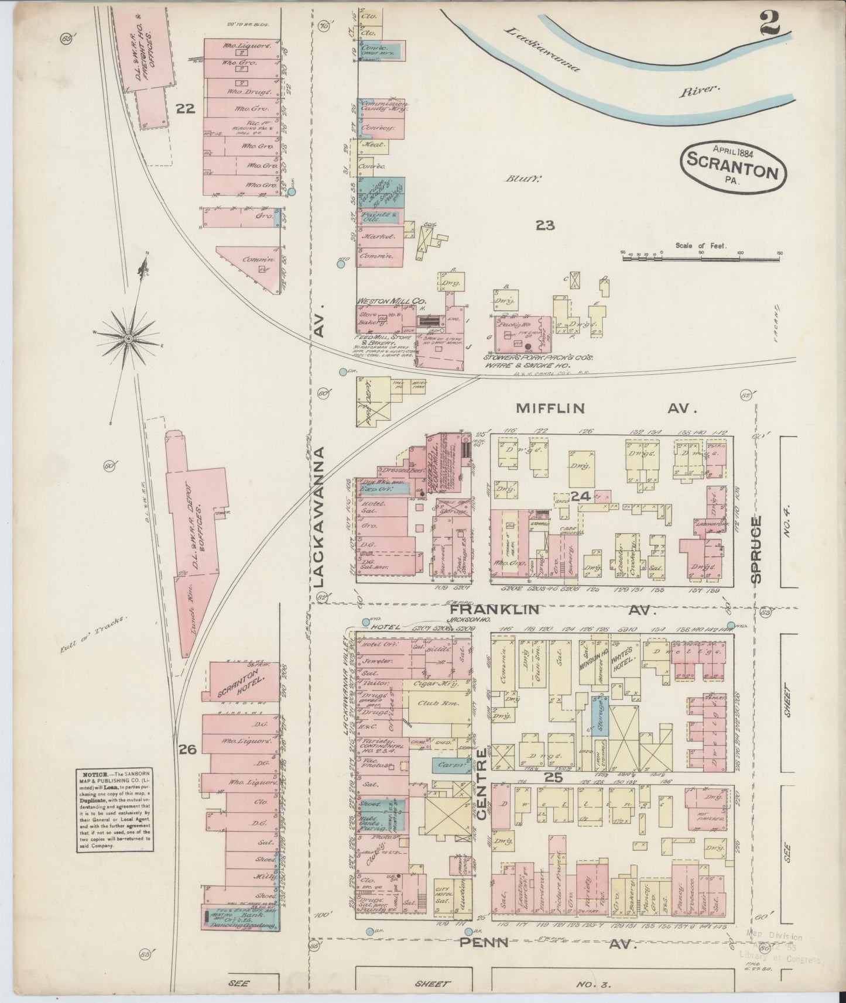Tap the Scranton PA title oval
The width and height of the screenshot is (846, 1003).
pyautogui.click(x=733, y=166)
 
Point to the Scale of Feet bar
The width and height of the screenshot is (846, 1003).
pyautogui.click(x=701, y=256)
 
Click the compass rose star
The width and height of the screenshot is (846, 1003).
pyautogui.click(x=128, y=338)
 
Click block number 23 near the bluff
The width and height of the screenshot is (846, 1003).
pyautogui.click(x=544, y=225)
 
